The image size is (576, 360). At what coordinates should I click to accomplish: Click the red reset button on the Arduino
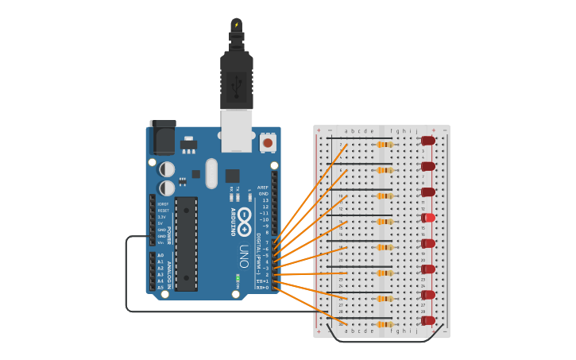pyautogui.click(x=268, y=143)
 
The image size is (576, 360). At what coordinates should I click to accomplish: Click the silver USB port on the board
pyautogui.click(x=236, y=130)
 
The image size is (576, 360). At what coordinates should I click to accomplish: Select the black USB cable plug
pyautogui.click(x=237, y=79)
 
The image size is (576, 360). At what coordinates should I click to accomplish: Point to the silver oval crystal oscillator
pyautogui.click(x=211, y=172)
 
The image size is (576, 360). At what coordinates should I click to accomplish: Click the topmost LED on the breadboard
pyautogui.click(x=427, y=141)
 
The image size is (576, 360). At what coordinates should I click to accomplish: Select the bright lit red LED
pyautogui.click(x=427, y=218)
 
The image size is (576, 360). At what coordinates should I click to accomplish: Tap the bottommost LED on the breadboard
pyautogui.click(x=427, y=321)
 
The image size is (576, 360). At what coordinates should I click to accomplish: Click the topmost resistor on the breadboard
pyautogui.click(x=385, y=145)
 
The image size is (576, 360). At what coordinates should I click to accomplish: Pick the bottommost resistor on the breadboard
pyautogui.click(x=385, y=324)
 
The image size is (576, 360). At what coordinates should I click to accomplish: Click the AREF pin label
pyautogui.click(x=264, y=188)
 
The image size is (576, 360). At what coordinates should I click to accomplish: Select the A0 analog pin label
pyautogui.click(x=160, y=255)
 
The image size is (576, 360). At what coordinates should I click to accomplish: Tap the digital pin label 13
pyautogui.click(x=265, y=200)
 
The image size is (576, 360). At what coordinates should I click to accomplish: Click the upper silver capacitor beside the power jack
pyautogui.click(x=167, y=169)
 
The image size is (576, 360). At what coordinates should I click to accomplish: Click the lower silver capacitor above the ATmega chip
pyautogui.click(x=167, y=188)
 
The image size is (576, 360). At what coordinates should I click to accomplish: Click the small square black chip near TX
pyautogui.click(x=232, y=176)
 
